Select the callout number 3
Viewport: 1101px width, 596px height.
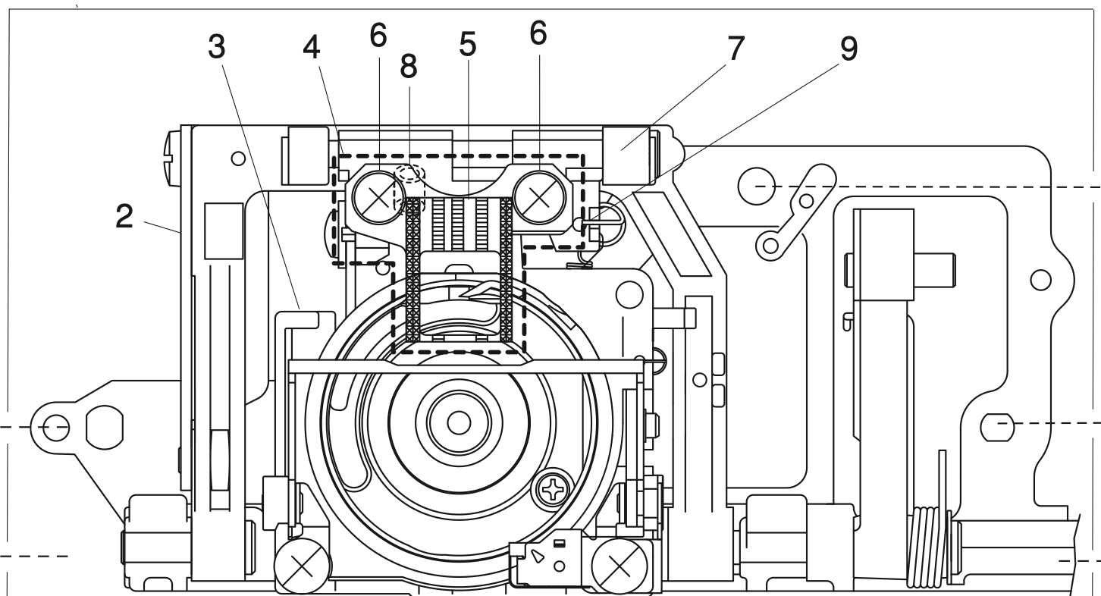tap(218, 49)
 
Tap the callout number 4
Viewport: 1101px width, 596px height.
tap(311, 49)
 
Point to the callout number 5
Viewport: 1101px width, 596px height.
tap(467, 45)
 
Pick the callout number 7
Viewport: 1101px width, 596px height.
tap(734, 49)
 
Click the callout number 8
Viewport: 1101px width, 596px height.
tap(409, 67)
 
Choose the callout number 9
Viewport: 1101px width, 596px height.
tap(848, 49)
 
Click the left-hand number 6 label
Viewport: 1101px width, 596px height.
tap(378, 33)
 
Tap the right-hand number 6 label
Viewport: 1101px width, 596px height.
tap(538, 33)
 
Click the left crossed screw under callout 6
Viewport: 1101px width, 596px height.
tap(377, 198)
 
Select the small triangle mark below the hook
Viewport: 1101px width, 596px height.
tap(538, 557)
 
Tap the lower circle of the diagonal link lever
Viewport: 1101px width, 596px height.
tap(770, 245)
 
